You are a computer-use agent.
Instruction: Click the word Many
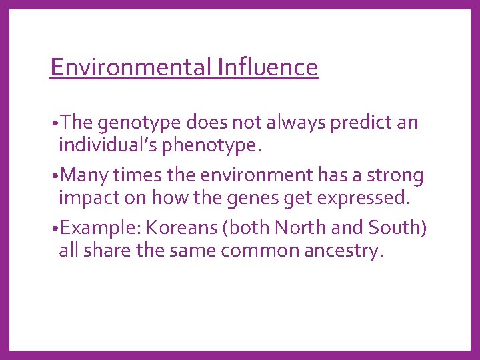coord(83,176)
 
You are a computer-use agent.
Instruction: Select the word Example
coord(99,229)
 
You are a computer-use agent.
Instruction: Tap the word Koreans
coord(182,229)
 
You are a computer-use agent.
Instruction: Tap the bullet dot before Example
coord(53,229)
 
